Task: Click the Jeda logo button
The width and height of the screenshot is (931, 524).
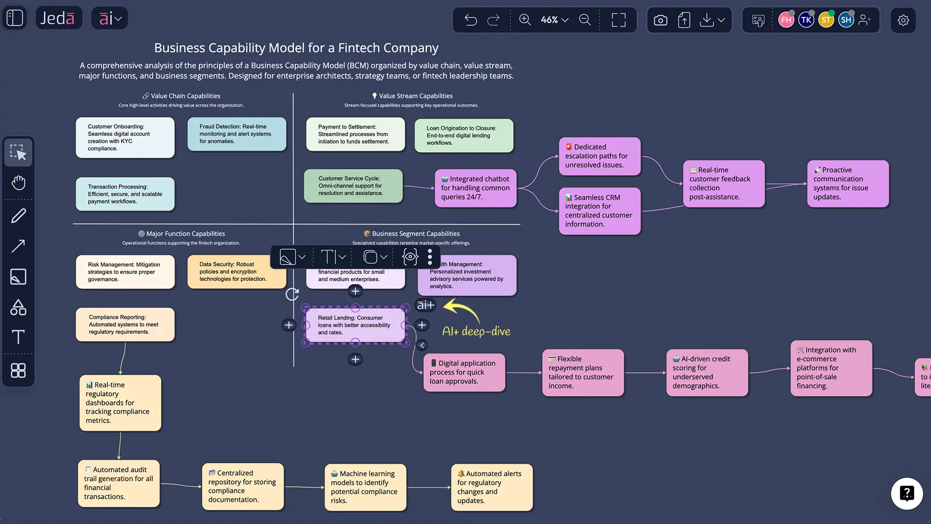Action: click(x=58, y=18)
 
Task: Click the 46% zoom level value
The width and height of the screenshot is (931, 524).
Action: click(x=549, y=20)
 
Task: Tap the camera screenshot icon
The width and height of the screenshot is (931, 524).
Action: click(x=660, y=20)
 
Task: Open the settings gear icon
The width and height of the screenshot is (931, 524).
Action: click(x=903, y=20)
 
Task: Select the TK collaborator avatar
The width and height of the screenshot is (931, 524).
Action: click(x=806, y=20)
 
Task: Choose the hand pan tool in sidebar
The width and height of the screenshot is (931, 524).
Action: click(x=18, y=183)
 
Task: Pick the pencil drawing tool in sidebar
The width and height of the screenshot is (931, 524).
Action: click(x=18, y=215)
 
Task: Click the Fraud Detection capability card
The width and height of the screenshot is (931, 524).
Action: click(x=237, y=134)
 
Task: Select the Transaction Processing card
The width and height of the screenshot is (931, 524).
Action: click(x=125, y=194)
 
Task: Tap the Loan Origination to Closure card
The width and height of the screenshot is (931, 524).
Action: click(x=464, y=135)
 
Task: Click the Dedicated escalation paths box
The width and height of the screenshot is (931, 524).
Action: click(x=599, y=156)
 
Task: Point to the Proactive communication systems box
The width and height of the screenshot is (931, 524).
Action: click(x=848, y=183)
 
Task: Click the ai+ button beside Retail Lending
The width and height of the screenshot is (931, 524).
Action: click(x=426, y=305)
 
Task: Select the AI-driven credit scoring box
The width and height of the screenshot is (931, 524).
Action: click(x=707, y=373)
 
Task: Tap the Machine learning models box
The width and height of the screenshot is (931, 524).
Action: click(x=365, y=487)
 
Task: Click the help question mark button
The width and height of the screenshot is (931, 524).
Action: click(x=906, y=493)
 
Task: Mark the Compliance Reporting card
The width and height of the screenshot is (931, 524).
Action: click(x=125, y=325)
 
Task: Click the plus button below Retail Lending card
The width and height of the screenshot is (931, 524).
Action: click(x=355, y=360)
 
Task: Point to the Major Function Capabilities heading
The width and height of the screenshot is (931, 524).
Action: click(x=185, y=234)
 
